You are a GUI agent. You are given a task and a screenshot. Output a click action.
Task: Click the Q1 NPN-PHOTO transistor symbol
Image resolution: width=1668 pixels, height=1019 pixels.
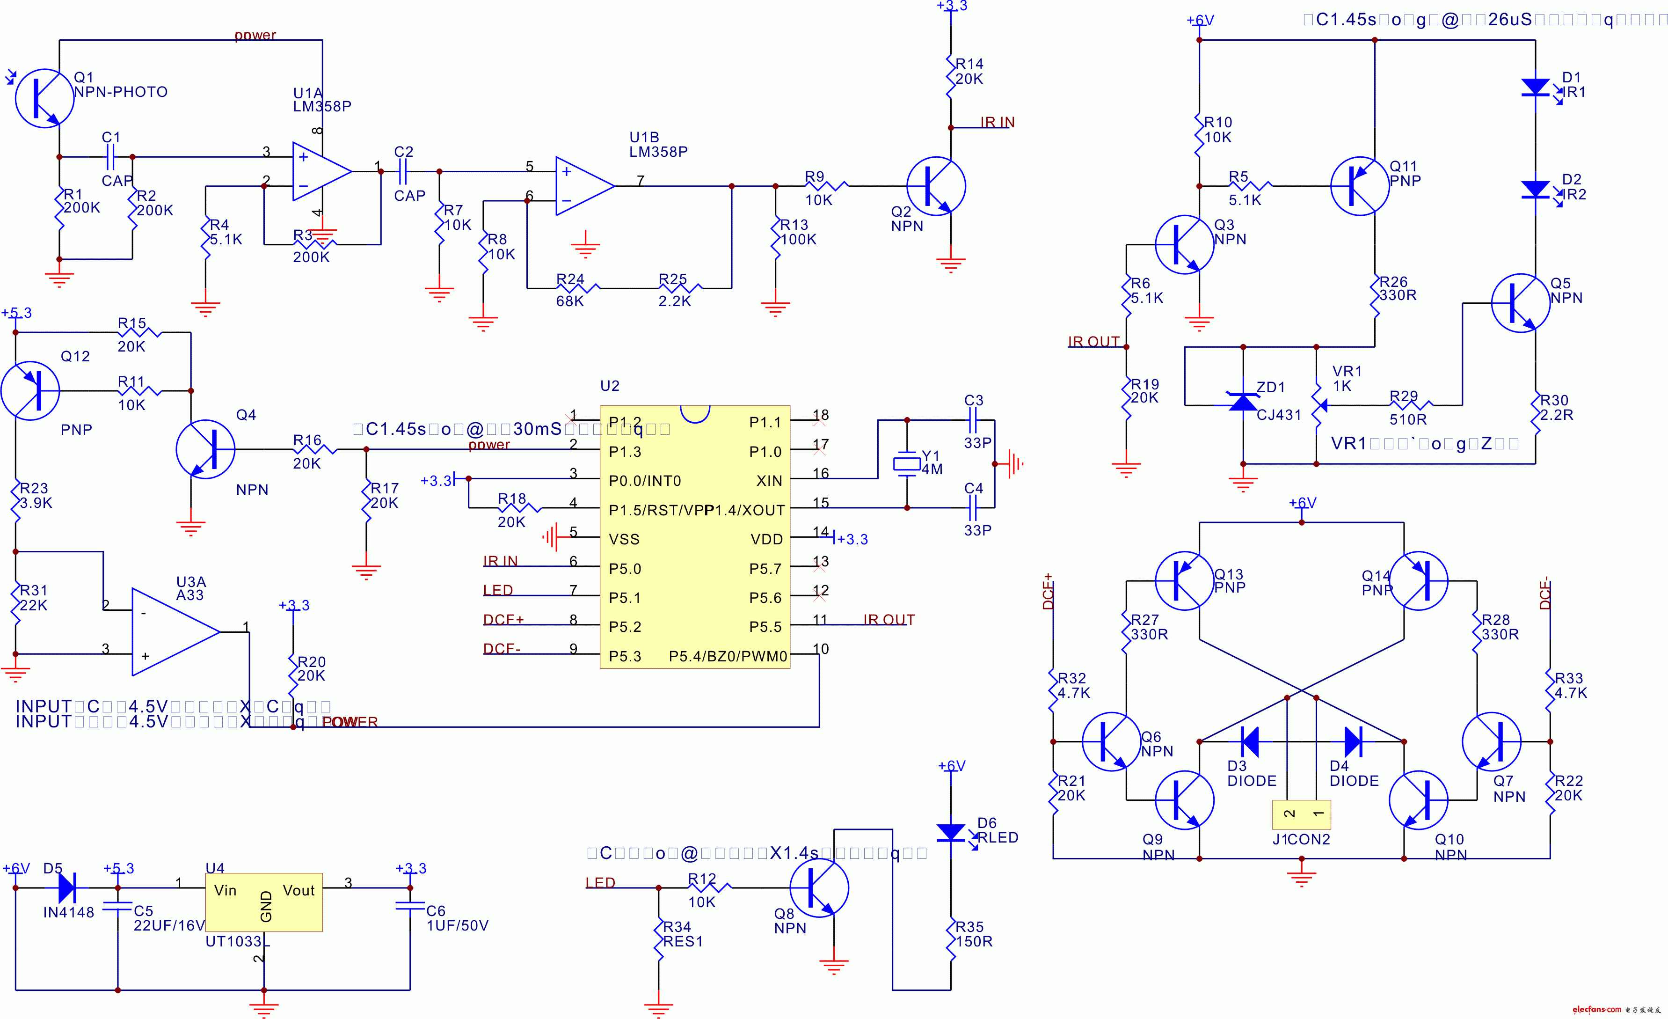tap(44, 98)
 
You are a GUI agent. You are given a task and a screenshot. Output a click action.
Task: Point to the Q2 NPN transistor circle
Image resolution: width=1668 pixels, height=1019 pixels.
tap(936, 186)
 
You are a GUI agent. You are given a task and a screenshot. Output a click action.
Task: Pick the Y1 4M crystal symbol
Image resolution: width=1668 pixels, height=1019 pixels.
tap(906, 464)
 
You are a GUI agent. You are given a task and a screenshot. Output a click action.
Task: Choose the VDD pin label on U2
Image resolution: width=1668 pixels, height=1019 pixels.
tap(766, 540)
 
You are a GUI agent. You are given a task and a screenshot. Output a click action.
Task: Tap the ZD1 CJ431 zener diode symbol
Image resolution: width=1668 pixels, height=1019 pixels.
tap(1243, 402)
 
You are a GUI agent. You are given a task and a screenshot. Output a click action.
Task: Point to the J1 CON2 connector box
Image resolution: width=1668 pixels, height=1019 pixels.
tap(1301, 814)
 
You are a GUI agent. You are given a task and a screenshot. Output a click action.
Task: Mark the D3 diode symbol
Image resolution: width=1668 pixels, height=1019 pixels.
tap(1250, 741)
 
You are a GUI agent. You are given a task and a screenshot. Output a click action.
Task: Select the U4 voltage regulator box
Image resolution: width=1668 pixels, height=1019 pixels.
tap(264, 902)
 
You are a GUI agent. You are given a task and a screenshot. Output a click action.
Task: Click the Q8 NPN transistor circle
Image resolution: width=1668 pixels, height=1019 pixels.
tap(819, 887)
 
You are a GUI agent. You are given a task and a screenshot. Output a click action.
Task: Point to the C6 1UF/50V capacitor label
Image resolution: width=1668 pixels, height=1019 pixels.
tap(457, 918)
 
